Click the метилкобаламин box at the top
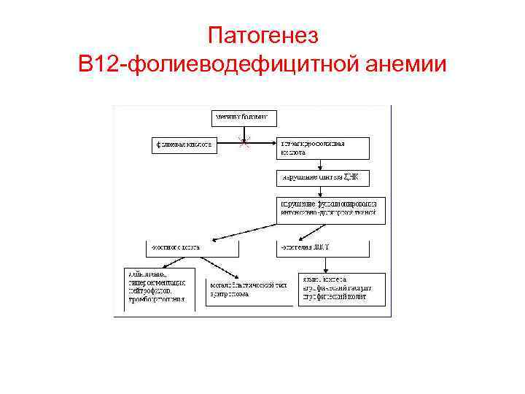point(241,116)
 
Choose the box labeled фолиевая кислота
point(184,144)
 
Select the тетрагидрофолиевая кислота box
point(322,147)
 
